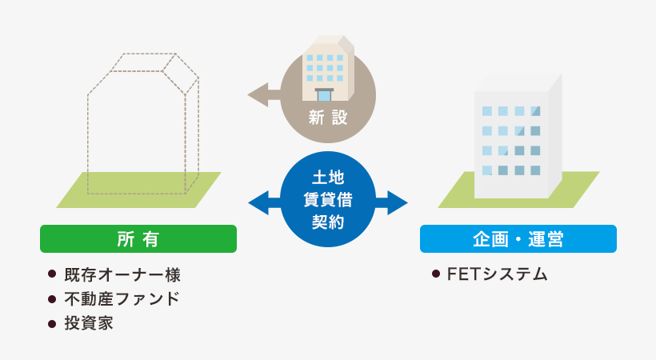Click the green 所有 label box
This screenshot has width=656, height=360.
pyautogui.click(x=138, y=238)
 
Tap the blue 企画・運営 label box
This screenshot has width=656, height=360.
pyautogui.click(x=518, y=238)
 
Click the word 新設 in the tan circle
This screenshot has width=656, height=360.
pyautogui.click(x=328, y=117)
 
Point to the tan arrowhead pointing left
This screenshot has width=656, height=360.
pyautogui.click(x=258, y=94)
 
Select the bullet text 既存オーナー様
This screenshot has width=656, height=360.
pyautogui.click(x=124, y=275)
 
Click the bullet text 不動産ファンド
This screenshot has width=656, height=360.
pyautogui.click(x=123, y=300)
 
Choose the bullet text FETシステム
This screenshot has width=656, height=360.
pyautogui.click(x=497, y=274)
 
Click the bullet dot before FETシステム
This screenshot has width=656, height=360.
pyautogui.click(x=436, y=274)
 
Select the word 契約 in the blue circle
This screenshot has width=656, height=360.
pyautogui.click(x=328, y=221)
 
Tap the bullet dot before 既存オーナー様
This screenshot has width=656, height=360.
pyautogui.click(x=53, y=275)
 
